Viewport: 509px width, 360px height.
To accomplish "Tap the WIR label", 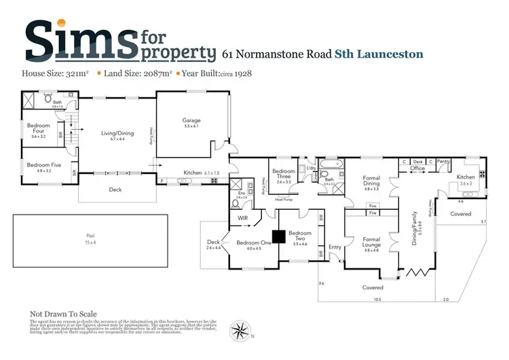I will [242, 218].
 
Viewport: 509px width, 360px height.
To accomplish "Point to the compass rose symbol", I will [240, 330].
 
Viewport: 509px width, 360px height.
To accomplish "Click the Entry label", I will [335, 247].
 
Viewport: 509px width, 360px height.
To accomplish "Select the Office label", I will [417, 168].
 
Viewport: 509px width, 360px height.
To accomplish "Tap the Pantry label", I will [444, 162].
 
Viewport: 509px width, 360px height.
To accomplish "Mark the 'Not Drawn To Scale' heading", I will [63, 314].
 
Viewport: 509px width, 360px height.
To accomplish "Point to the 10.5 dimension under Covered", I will [377, 299].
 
